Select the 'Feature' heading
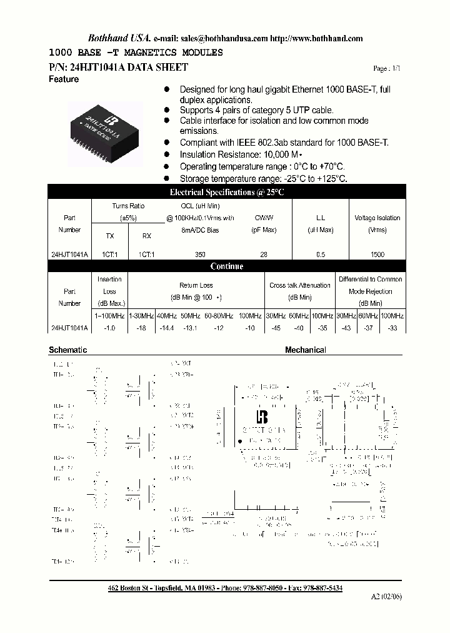64,79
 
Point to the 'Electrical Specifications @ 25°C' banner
227,193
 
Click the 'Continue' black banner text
227,266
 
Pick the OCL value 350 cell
200,255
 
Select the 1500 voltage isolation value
377,255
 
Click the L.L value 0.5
321,255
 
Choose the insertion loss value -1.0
109,328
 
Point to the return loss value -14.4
165,328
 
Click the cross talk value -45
276,328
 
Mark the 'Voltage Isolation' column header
377,218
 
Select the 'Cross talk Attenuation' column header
300,285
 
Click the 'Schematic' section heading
67,350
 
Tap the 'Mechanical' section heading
306,350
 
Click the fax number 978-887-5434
321,589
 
